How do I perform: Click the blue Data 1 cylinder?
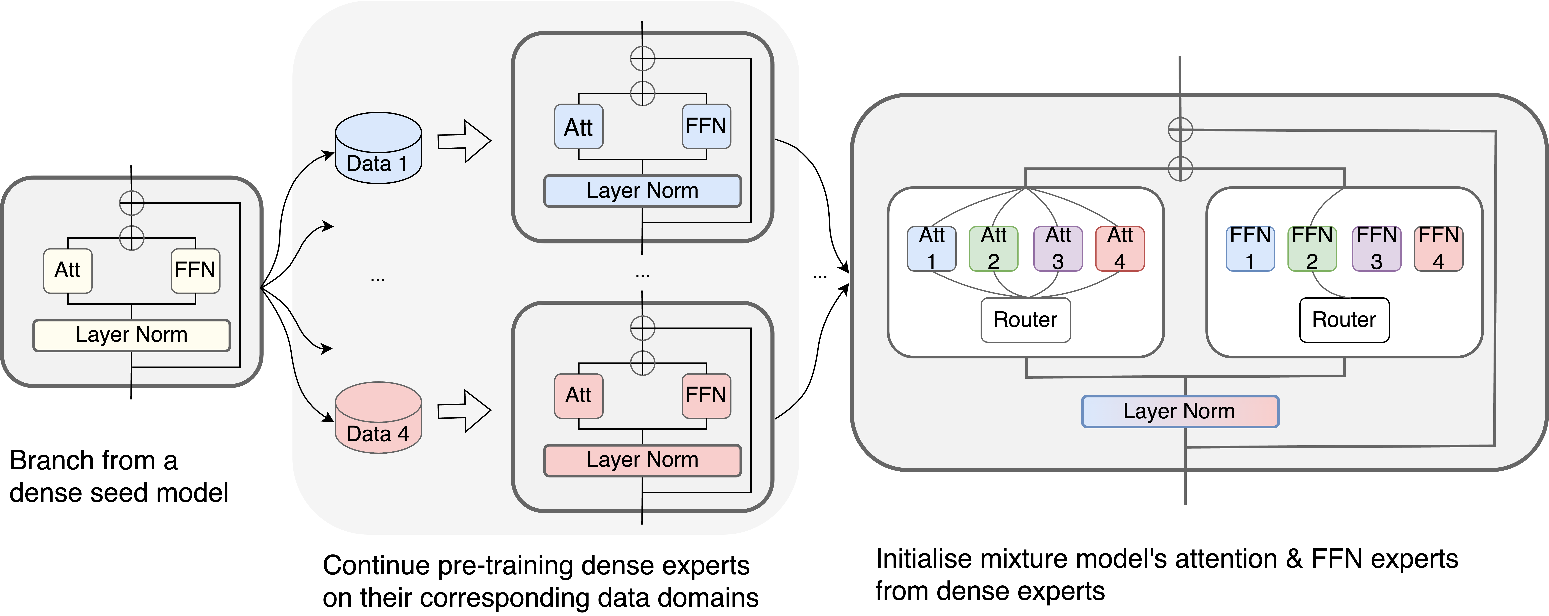coord(378,148)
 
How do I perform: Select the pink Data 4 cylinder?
coord(378,417)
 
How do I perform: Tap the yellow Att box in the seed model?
coord(68,271)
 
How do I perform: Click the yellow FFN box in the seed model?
coord(195,271)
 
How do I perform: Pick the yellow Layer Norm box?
coord(132,335)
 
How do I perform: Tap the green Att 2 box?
coord(993,248)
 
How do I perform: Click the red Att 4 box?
coord(1120,248)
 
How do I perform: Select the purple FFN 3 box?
coord(1376,248)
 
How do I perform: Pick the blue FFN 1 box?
coord(1250,248)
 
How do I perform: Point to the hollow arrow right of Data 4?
coord(464,411)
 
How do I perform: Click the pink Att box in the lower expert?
coord(579,396)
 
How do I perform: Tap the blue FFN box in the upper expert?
coord(707,126)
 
